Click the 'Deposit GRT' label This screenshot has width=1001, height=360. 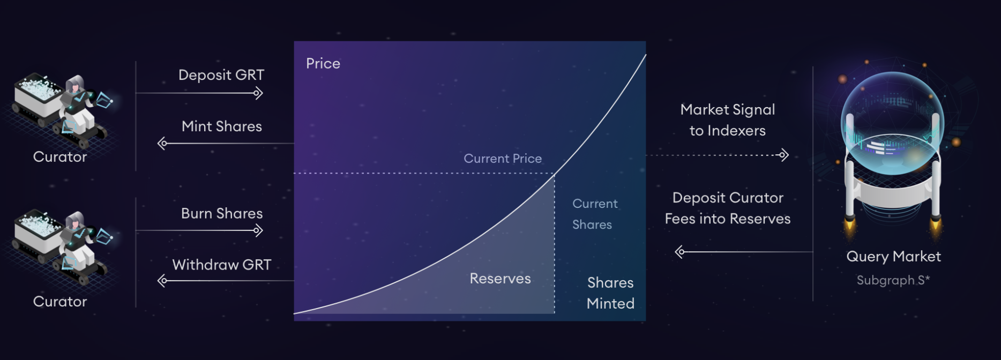click(x=221, y=75)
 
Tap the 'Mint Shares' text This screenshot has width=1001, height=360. click(x=222, y=126)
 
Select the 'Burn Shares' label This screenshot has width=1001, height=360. click(x=222, y=213)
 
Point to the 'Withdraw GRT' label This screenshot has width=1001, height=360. click(x=222, y=265)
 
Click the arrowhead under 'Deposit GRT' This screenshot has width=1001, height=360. click(x=258, y=93)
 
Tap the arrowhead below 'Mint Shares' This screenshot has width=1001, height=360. click(x=162, y=144)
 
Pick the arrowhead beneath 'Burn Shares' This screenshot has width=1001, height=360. click(x=258, y=231)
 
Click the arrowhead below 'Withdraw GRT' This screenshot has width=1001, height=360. click(x=162, y=281)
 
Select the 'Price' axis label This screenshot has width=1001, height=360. click(x=323, y=63)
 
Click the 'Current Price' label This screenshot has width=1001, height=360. click(x=503, y=159)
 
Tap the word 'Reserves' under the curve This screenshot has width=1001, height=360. click(x=501, y=279)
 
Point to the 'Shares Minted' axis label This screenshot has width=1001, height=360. click(x=610, y=293)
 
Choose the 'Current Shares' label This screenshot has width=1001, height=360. click(x=595, y=214)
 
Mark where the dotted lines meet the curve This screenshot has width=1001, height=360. click(x=555, y=174)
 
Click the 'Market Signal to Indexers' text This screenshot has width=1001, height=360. click(x=728, y=120)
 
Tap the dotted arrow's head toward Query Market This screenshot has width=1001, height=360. click(x=784, y=155)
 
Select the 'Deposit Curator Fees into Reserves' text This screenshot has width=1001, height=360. click(x=728, y=208)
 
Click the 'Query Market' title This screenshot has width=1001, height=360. click(x=893, y=257)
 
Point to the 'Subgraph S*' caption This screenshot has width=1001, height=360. click(x=893, y=280)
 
